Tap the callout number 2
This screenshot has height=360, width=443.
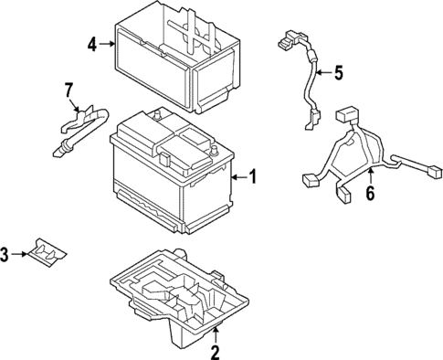click(x=215, y=352)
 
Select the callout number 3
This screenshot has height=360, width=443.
click(x=7, y=253)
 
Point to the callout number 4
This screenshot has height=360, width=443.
click(x=93, y=43)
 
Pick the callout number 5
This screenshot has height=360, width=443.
click(x=338, y=74)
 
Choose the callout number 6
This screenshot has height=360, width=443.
click(x=370, y=193)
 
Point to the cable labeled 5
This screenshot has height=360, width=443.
click(x=307, y=87)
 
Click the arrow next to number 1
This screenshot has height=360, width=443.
click(x=239, y=177)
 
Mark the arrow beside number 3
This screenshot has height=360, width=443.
click(x=22, y=253)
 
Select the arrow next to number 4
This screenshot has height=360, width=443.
click(x=108, y=43)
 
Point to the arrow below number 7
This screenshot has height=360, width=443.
click(x=70, y=105)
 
